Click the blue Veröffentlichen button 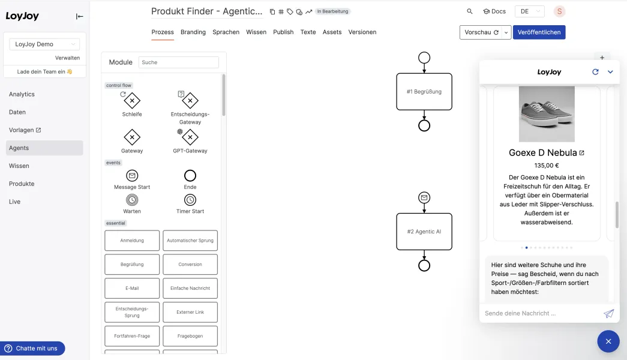(x=539, y=32)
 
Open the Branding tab (x=193, y=32)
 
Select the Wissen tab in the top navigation (x=256, y=32)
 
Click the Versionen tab (x=362, y=32)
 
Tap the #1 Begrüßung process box (x=424, y=92)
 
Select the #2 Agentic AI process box (x=424, y=232)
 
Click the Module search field (x=178, y=62)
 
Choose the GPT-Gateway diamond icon (x=190, y=137)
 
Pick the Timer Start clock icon (x=190, y=200)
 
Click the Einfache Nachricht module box (x=190, y=288)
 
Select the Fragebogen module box (x=190, y=336)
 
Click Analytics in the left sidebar (x=22, y=94)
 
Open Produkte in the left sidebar (x=22, y=184)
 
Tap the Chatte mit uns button (x=32, y=349)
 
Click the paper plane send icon (x=608, y=314)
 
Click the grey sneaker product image (x=547, y=114)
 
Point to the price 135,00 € (x=547, y=166)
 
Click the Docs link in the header (x=494, y=11)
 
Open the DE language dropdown (x=529, y=11)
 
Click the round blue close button (x=608, y=341)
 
